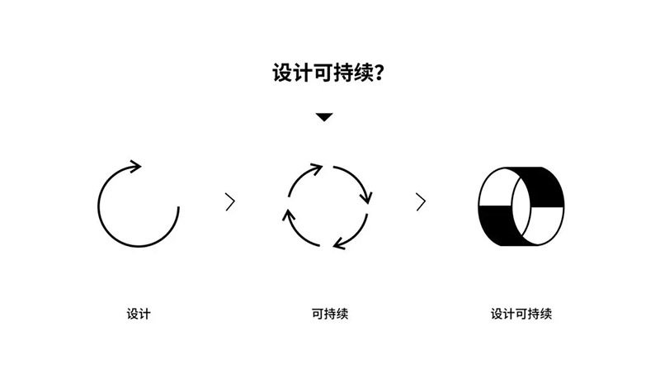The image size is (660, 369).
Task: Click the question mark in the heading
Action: tap(379, 73)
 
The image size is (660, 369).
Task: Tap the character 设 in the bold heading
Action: tap(282, 73)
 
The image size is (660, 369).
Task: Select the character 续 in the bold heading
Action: tap(364, 73)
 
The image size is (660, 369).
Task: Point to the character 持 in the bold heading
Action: tap(343, 73)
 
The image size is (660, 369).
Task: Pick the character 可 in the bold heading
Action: tap(323, 73)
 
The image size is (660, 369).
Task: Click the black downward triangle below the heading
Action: tap(324, 117)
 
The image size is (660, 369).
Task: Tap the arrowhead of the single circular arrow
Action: tap(135, 166)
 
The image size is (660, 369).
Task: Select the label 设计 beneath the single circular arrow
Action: tap(139, 314)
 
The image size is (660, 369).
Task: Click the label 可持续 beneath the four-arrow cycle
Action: tap(330, 314)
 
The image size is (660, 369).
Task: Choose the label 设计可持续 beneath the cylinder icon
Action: tap(521, 314)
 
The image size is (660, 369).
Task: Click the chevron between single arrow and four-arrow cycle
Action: tap(230, 201)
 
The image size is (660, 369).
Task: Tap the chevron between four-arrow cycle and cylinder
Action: tap(421, 201)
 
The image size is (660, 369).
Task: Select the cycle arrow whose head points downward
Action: tap(356, 180)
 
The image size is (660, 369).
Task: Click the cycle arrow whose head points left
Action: tap(353, 234)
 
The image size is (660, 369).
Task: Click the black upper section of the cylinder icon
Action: tap(541, 187)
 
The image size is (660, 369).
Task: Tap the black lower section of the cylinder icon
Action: tap(499, 225)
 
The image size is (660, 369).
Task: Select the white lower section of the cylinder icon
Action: tap(544, 225)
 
